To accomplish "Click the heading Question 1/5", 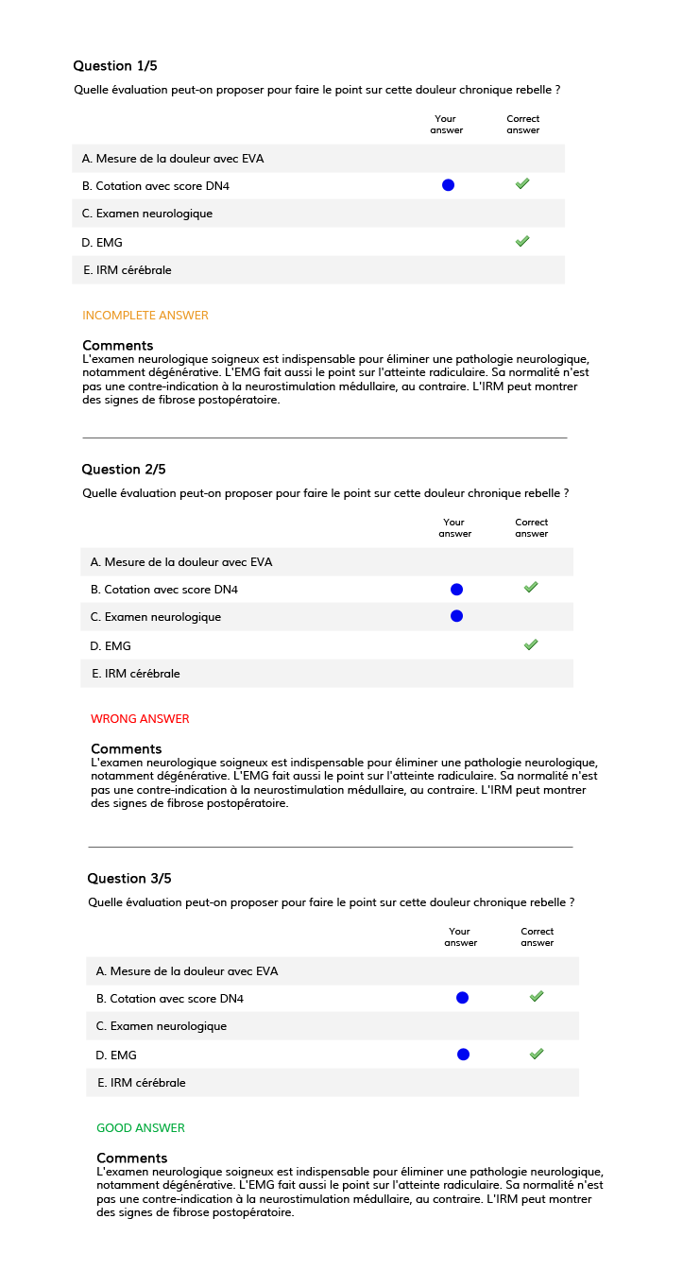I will coord(115,66).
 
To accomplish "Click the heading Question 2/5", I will coord(124,470).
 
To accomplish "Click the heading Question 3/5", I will coord(129,879).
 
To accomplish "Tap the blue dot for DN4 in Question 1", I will coord(448,185).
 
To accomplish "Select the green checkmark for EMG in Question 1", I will coord(522,242).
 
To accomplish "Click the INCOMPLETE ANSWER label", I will coord(145,316).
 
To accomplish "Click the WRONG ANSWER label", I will coord(140,719).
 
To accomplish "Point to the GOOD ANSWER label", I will coord(141,1128).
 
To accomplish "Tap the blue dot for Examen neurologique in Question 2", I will coord(456,616).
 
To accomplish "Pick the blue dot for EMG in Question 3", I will coord(463,1055).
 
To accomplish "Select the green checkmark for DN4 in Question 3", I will coord(537,997).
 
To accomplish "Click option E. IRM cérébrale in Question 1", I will coord(128,270).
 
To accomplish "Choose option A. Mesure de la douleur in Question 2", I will coord(181,562).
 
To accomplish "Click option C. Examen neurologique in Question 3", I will coord(162,1026).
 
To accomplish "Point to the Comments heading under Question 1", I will coord(117,346).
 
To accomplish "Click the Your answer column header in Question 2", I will coord(454,528).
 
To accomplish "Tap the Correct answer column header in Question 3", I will coord(537,937).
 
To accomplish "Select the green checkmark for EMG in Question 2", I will coord(531,645).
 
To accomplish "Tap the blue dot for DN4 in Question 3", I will coord(462,998).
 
